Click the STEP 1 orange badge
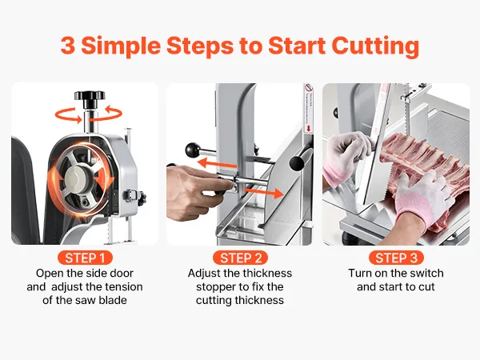(85, 258)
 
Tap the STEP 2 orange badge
(240, 258)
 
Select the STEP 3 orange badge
(396, 258)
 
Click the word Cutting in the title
(375, 46)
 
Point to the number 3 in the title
(68, 46)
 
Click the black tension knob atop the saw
(90, 98)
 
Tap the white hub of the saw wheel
(77, 179)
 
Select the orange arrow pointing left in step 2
(217, 163)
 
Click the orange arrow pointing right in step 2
(265, 193)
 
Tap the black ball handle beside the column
(193, 150)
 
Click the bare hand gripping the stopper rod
(199, 190)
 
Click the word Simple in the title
(121, 46)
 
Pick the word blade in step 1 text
(113, 300)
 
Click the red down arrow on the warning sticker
(308, 129)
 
